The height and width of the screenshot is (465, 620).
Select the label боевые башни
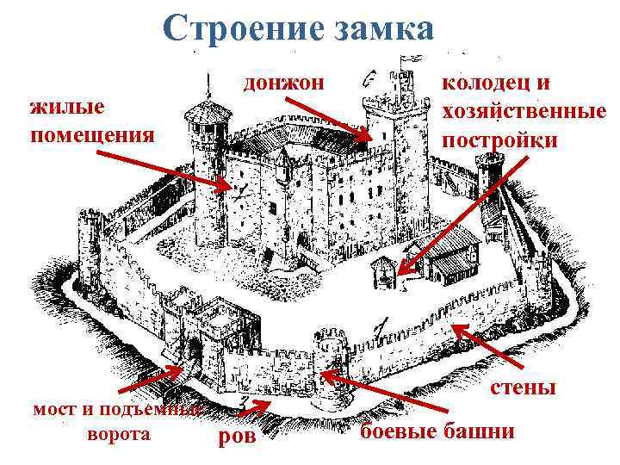[437, 431]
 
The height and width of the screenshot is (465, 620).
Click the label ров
[239, 438]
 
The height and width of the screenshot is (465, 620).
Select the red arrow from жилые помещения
[164, 171]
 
